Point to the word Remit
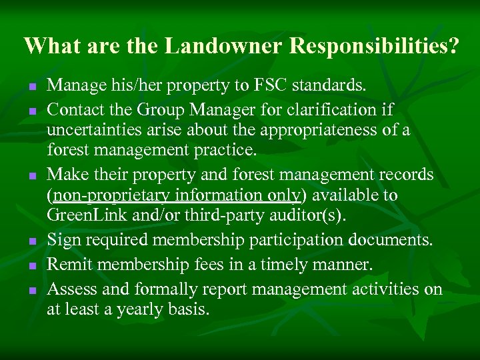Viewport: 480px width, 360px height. coord(68,265)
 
